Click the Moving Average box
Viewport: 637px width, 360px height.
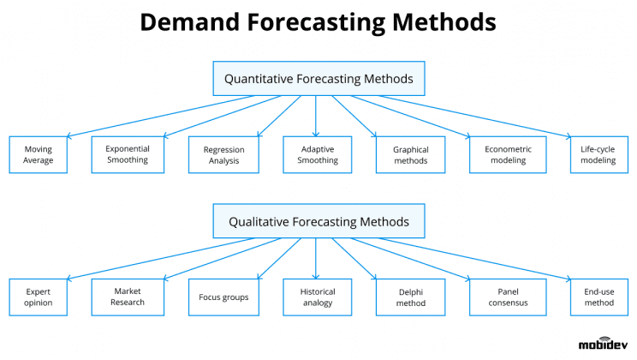tap(38, 154)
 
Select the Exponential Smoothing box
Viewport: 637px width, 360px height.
tap(128, 154)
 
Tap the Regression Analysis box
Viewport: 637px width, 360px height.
tap(223, 154)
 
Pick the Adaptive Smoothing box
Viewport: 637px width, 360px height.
tap(317, 154)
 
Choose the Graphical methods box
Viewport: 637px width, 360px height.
tap(411, 154)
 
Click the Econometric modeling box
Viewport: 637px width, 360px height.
tap(508, 154)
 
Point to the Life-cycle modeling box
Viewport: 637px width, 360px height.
tap(598, 154)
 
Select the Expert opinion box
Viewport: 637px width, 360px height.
tap(38, 297)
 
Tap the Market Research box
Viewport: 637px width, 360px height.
tap(128, 297)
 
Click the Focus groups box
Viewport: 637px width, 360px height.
tap(223, 297)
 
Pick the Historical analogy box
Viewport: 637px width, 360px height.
tap(317, 297)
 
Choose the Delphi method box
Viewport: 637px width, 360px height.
tap(411, 297)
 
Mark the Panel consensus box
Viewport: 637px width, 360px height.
tap(508, 297)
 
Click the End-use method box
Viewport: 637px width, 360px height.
tap(598, 297)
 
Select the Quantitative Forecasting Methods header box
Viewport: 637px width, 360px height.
tap(318, 79)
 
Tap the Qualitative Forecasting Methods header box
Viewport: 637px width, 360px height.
tap(318, 221)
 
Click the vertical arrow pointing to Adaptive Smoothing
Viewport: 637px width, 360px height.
tap(316, 116)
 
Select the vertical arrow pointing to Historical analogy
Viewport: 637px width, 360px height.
tap(316, 258)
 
